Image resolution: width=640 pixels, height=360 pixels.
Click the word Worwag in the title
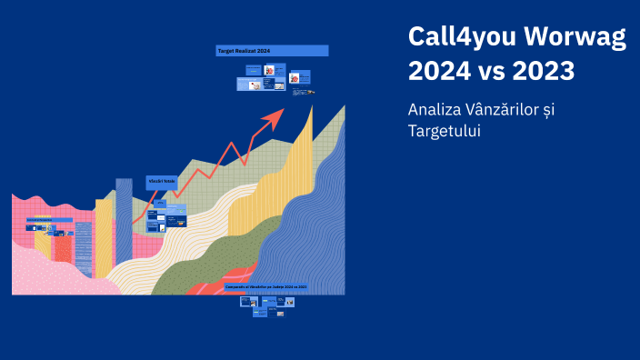click(x=576, y=38)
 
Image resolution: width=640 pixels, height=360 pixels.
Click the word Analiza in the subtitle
click(x=434, y=109)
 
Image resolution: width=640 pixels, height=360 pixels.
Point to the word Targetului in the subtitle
click(x=444, y=132)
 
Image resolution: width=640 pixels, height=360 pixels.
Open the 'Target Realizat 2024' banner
click(x=272, y=51)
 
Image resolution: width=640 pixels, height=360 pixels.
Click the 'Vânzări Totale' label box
click(x=162, y=183)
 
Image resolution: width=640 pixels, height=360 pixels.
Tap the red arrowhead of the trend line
click(x=275, y=117)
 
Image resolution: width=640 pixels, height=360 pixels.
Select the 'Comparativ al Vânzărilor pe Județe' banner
click(x=266, y=286)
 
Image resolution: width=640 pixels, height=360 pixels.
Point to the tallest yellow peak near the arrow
click(x=307, y=136)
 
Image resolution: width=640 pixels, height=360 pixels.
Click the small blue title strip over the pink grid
click(x=49, y=219)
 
